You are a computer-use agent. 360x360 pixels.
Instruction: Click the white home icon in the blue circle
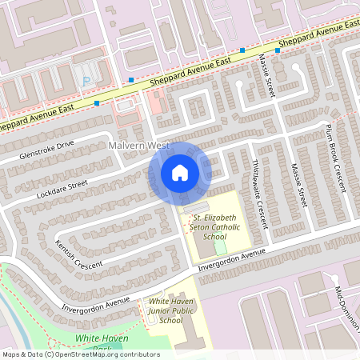pos(180,173)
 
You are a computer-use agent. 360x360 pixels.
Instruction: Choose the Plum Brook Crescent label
pos(336,157)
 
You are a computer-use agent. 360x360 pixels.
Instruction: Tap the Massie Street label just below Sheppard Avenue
pos(268,77)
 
